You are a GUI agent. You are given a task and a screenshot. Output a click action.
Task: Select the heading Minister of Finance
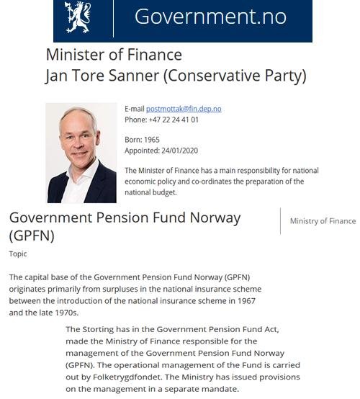pyautogui.click(x=114, y=55)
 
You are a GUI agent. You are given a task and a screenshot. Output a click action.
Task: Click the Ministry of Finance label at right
pyautogui.click(x=323, y=221)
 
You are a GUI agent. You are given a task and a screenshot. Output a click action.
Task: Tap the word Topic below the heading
pyautogui.click(x=18, y=254)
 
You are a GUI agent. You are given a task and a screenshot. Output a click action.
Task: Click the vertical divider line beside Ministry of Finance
pyautogui.click(x=280, y=221)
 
